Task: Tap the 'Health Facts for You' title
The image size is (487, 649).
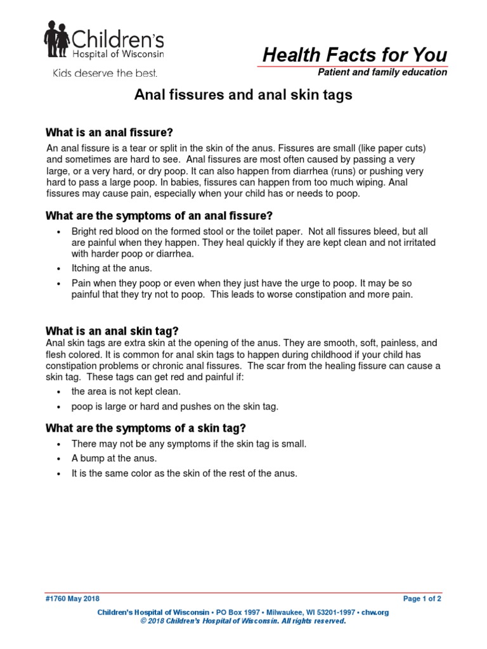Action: tap(355, 55)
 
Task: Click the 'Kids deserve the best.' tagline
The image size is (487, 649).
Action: tap(104, 74)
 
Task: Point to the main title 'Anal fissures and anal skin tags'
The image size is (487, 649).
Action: tap(243, 95)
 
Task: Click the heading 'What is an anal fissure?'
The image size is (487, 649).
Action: tap(110, 132)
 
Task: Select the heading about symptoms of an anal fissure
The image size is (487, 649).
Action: tap(159, 216)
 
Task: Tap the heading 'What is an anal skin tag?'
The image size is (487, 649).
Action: tap(112, 331)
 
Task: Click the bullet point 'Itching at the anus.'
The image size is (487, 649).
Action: tap(112, 269)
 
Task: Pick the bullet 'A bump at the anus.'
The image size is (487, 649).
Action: tap(114, 458)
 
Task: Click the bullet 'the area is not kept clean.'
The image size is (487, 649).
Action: tap(126, 392)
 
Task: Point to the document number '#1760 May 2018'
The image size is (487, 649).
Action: tap(72, 598)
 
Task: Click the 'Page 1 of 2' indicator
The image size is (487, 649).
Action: tap(422, 598)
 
